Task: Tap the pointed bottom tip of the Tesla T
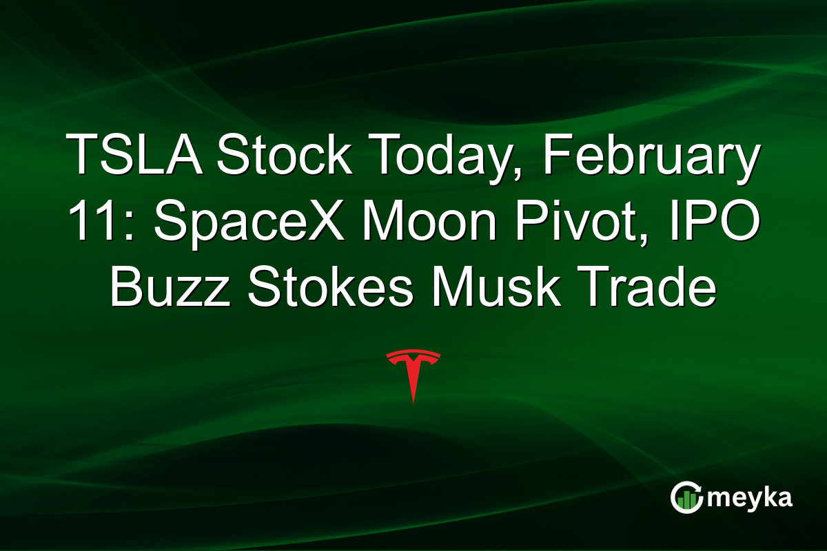click(x=413, y=400)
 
